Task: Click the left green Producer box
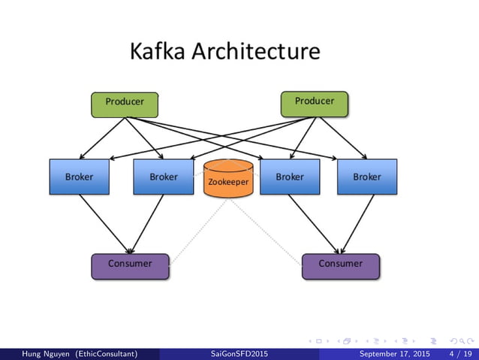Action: click(124, 104)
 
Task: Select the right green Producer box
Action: click(314, 104)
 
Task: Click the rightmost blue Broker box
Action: click(366, 177)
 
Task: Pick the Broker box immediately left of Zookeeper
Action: click(163, 177)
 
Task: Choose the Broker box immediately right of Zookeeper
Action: click(289, 177)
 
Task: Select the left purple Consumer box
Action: click(130, 265)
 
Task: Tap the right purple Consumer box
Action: click(340, 265)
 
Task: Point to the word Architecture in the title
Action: click(255, 52)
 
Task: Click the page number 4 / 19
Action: click(460, 353)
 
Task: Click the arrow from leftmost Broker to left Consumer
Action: click(105, 223)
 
